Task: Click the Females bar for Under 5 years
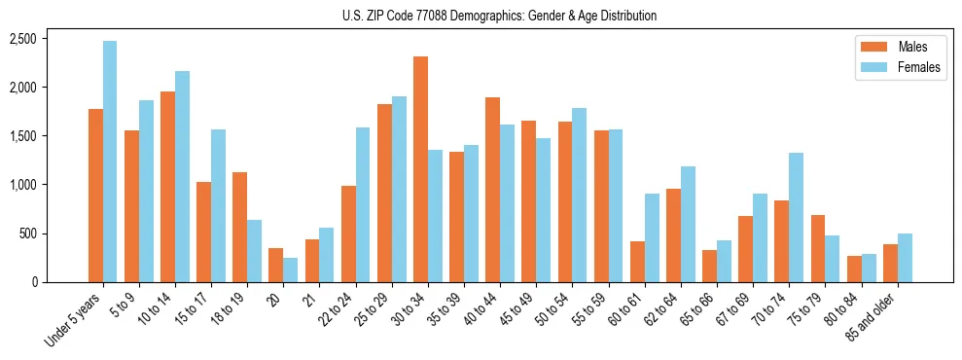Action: tap(110, 162)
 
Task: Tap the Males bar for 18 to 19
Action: tap(240, 227)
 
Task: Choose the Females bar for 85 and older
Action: tap(904, 258)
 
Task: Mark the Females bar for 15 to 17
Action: tap(218, 205)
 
